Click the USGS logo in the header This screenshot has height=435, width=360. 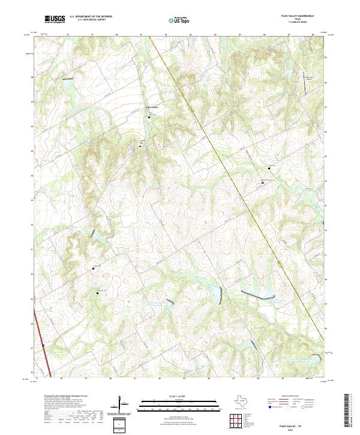click(x=55, y=19)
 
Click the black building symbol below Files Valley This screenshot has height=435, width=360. click(x=149, y=117)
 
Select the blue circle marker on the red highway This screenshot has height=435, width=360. click(x=44, y=346)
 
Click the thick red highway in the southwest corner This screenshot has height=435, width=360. click(x=40, y=336)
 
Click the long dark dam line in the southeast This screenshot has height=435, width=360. click(x=252, y=295)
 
